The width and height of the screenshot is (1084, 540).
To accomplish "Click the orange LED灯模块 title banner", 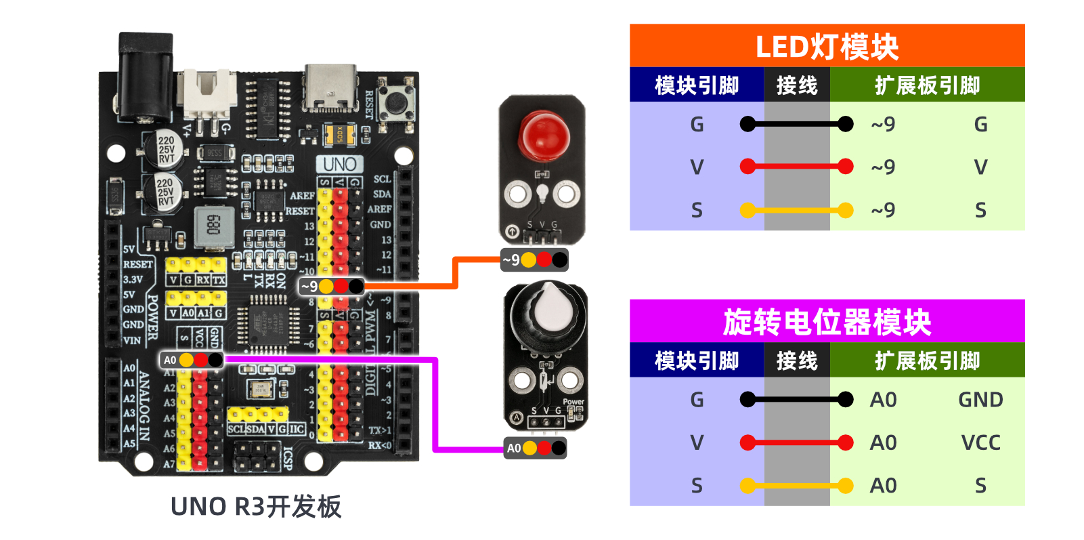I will click(x=827, y=46).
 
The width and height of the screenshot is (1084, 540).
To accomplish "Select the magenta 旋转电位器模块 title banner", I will click(x=827, y=321).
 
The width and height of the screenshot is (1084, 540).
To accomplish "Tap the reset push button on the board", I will click(x=396, y=102).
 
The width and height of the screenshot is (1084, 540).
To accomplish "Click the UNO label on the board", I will click(x=339, y=164).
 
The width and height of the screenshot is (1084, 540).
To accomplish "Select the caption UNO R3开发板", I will click(x=256, y=507).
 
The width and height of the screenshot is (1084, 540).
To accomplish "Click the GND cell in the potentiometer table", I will click(x=980, y=400).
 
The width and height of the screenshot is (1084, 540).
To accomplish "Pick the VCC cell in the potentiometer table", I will click(x=980, y=442).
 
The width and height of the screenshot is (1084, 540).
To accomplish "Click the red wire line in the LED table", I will click(x=796, y=167).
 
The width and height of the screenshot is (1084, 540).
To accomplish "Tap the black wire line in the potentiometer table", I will click(x=796, y=400).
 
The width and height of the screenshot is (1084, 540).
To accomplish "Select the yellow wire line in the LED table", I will click(x=796, y=210).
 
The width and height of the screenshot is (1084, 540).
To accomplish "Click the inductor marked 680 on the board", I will click(x=214, y=224).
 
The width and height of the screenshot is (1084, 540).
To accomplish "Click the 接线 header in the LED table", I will click(x=797, y=85).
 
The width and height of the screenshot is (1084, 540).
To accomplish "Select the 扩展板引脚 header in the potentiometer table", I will click(x=927, y=360).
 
